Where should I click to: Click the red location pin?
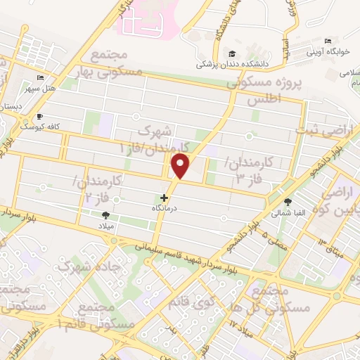point(182,167)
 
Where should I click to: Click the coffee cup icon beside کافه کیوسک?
point(39,117)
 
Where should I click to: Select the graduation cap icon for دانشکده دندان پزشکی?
point(231,54)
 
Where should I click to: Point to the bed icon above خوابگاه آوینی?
point(328,41)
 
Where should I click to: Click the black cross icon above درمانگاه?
point(165,198)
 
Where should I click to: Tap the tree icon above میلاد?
point(105,215)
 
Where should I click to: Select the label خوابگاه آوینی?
point(327,51)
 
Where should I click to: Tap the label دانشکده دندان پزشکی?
point(233,65)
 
